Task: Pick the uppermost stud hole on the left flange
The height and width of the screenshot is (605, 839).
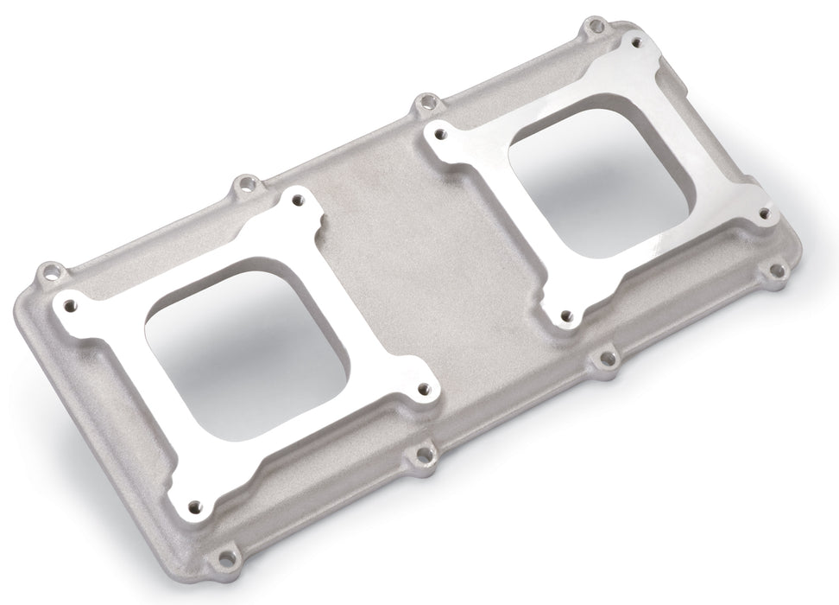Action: tap(298, 199)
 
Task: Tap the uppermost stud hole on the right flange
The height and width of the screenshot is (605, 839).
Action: tap(637, 41)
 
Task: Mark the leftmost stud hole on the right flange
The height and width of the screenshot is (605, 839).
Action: tap(440, 135)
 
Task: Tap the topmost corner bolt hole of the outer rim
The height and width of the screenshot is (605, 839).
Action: tap(592, 26)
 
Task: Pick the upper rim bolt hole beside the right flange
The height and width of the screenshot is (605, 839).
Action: tap(424, 104)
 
